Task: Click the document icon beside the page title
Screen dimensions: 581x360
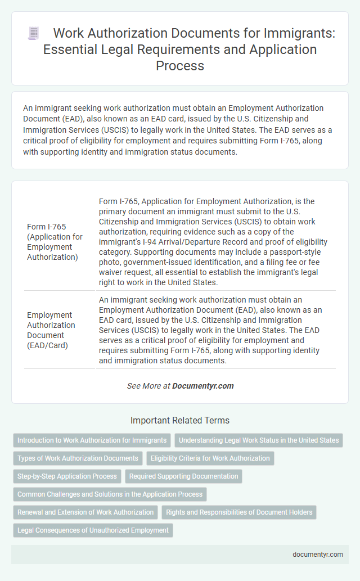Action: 33,33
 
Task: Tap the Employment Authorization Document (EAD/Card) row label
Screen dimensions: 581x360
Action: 51,330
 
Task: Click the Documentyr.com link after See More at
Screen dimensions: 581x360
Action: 202,386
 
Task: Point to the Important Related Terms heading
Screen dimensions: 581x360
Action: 180,420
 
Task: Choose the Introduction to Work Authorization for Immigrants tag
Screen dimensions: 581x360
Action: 92,440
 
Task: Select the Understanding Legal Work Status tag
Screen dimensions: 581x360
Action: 258,440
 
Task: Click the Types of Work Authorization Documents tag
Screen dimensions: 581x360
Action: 78,458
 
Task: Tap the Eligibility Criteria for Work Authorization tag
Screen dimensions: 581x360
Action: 210,458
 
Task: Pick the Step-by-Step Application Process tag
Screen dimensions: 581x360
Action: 67,476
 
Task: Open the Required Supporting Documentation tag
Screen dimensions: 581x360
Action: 183,476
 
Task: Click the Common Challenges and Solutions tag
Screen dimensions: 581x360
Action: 110,494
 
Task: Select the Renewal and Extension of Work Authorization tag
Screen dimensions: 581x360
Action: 85,512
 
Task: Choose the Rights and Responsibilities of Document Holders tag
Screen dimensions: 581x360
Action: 238,512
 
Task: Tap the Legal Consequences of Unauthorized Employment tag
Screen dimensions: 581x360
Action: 93,530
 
